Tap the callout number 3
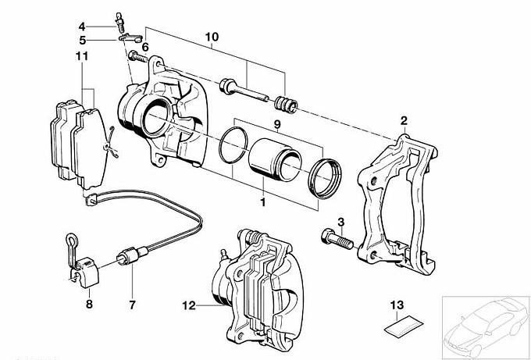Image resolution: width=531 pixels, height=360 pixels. click(340, 223)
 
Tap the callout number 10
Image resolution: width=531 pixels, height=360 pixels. click(212, 37)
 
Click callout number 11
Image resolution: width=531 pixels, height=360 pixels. click(81, 56)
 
